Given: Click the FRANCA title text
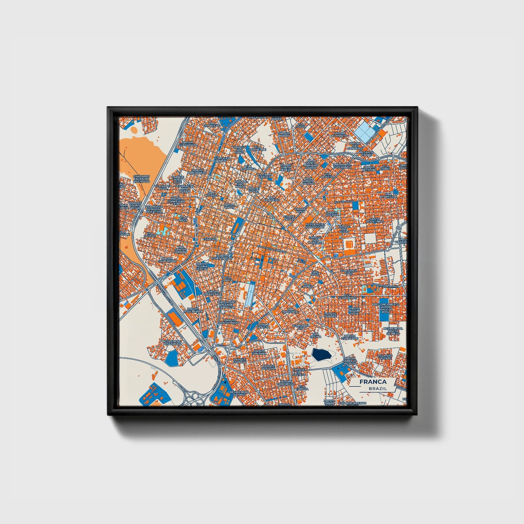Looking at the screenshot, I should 373,382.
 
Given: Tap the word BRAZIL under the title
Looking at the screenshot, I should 377,388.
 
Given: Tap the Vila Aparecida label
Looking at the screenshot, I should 388,195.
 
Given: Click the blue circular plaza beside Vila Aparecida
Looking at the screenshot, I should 396,191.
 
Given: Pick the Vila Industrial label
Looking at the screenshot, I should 291,310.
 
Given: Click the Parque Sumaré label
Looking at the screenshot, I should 330,314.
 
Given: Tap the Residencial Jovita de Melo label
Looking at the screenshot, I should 393,331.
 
